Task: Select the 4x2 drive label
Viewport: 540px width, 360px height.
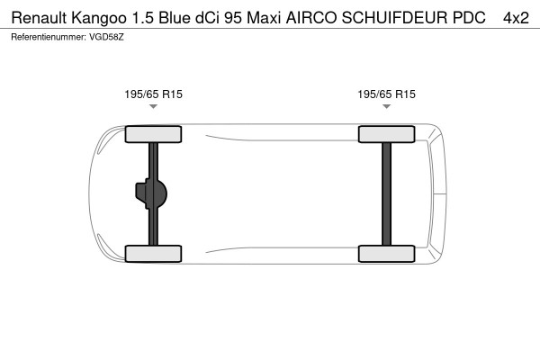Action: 516,17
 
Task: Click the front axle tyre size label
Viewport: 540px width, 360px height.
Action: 153,94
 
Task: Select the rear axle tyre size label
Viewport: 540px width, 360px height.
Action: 386,94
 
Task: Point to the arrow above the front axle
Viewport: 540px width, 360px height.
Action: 153,106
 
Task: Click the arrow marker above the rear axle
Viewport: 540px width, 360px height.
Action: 386,106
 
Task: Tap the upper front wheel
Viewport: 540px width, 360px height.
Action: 153,135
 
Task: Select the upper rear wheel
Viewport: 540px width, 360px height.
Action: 386,135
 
